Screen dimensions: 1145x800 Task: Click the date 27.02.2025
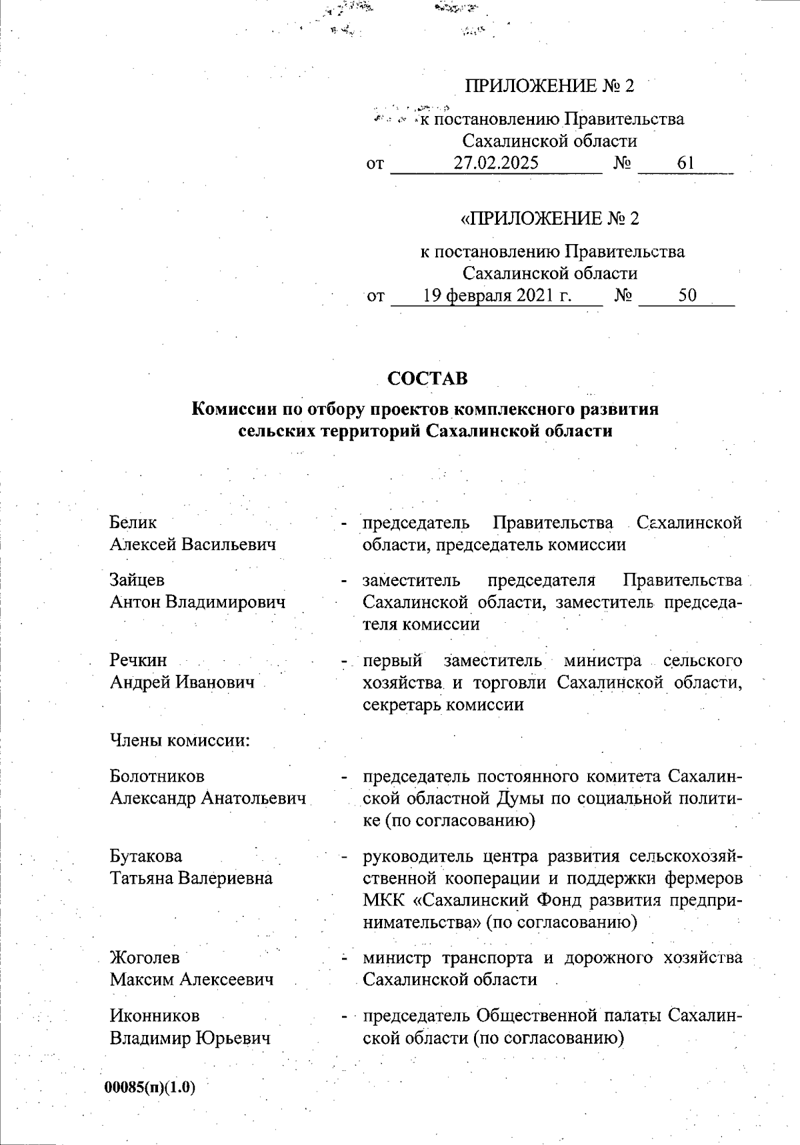click(496, 163)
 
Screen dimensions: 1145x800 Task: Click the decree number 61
click(685, 163)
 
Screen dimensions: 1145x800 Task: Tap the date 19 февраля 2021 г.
click(497, 295)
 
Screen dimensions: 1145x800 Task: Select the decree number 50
click(687, 295)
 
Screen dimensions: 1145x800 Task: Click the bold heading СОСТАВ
click(427, 379)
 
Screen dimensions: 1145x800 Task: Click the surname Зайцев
click(137, 580)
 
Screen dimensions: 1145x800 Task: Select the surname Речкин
click(138, 660)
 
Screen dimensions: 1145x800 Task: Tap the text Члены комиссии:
click(179, 740)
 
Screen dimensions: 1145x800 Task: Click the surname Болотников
click(157, 776)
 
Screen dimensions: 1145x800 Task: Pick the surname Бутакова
click(146, 856)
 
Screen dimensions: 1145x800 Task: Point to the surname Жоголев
click(145, 958)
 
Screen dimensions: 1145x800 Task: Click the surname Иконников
click(155, 1016)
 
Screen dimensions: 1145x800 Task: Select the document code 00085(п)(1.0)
click(150, 1087)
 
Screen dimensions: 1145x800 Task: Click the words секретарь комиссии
click(443, 704)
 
